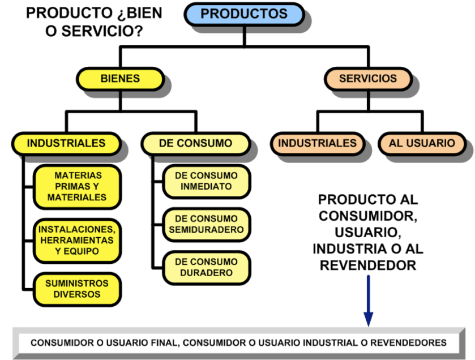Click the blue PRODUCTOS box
244,14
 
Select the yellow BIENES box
119,79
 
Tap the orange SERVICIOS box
368,79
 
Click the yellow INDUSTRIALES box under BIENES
66,143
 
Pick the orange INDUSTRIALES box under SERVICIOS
317,143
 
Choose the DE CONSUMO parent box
195,143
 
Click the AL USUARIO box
422,143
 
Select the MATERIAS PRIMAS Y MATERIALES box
77,186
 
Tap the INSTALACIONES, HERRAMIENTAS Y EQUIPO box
77,240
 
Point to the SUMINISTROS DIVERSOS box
77,288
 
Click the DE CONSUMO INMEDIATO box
207,181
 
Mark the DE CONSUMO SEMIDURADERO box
207,224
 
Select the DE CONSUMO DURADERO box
207,267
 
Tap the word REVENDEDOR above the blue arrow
369,265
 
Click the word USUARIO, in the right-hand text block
369,233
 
